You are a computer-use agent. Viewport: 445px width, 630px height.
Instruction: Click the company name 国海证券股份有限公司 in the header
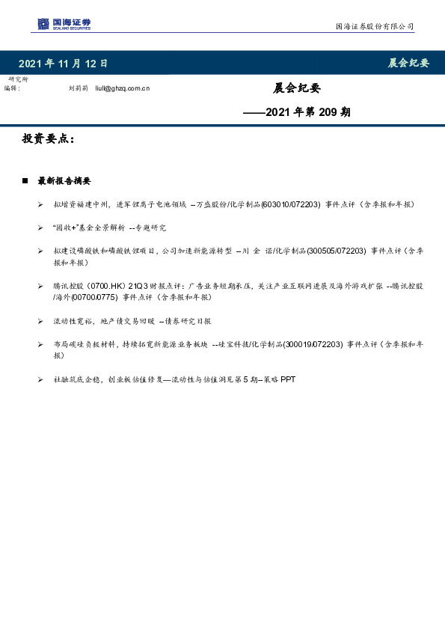coord(373,26)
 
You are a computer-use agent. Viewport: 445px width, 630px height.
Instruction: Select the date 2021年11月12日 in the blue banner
coord(63,64)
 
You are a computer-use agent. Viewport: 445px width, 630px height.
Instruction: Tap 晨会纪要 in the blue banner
coord(408,63)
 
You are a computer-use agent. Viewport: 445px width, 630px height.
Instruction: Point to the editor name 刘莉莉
coord(78,88)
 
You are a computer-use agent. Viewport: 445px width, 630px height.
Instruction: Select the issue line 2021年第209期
coord(297,113)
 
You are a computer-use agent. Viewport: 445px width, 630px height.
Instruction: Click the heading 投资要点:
coord(49,139)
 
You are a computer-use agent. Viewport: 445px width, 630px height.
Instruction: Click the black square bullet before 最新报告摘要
coord(25,181)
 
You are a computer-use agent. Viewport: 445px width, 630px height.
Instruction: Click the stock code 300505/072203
coord(340,251)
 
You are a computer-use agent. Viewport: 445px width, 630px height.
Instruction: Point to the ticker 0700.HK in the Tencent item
coord(108,286)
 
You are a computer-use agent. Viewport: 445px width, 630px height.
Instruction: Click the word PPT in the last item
coord(289,379)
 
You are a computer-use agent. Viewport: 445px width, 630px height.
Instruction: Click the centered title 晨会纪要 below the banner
coord(297,88)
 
